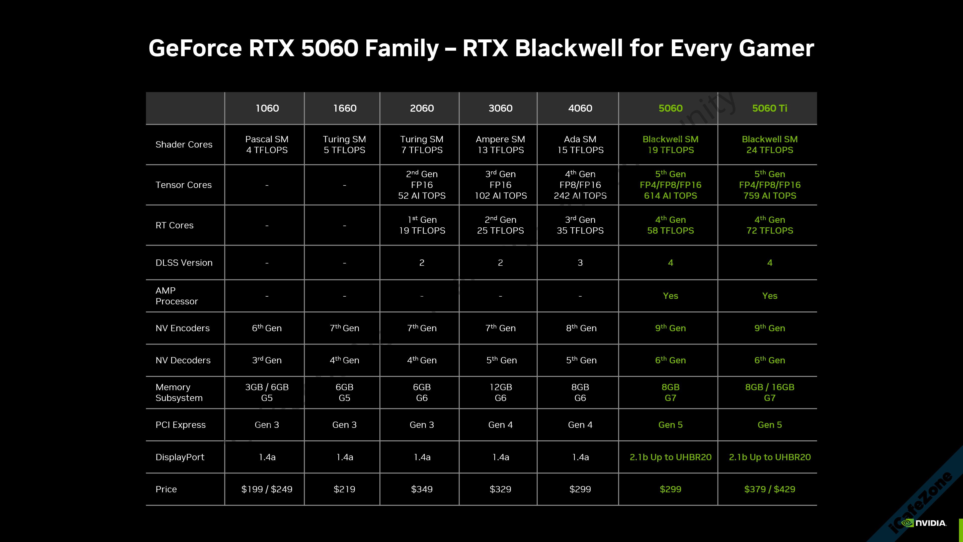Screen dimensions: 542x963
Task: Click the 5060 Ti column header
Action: tap(769, 108)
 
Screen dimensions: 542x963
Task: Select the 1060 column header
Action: tap(267, 108)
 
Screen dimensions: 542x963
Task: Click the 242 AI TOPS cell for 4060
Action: tap(580, 185)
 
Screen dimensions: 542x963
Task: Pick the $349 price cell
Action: tap(422, 489)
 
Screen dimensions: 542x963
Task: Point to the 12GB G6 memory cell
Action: tap(500, 392)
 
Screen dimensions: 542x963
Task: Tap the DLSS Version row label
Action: tap(184, 262)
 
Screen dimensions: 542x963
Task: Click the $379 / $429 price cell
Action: tap(769, 489)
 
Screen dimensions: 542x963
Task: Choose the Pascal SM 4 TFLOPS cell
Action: tap(267, 144)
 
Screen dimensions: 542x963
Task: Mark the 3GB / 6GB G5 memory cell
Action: tap(267, 392)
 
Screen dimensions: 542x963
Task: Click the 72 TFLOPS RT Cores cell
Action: tap(769, 225)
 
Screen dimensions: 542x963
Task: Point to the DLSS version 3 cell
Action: tap(580, 262)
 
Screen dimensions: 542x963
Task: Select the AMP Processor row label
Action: tap(177, 296)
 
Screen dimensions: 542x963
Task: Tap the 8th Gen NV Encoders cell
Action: tap(581, 328)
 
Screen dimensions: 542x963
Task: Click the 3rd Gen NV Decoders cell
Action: tap(267, 360)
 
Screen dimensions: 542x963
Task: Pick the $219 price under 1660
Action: tap(344, 489)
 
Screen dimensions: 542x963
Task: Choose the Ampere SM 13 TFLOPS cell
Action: tap(500, 144)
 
